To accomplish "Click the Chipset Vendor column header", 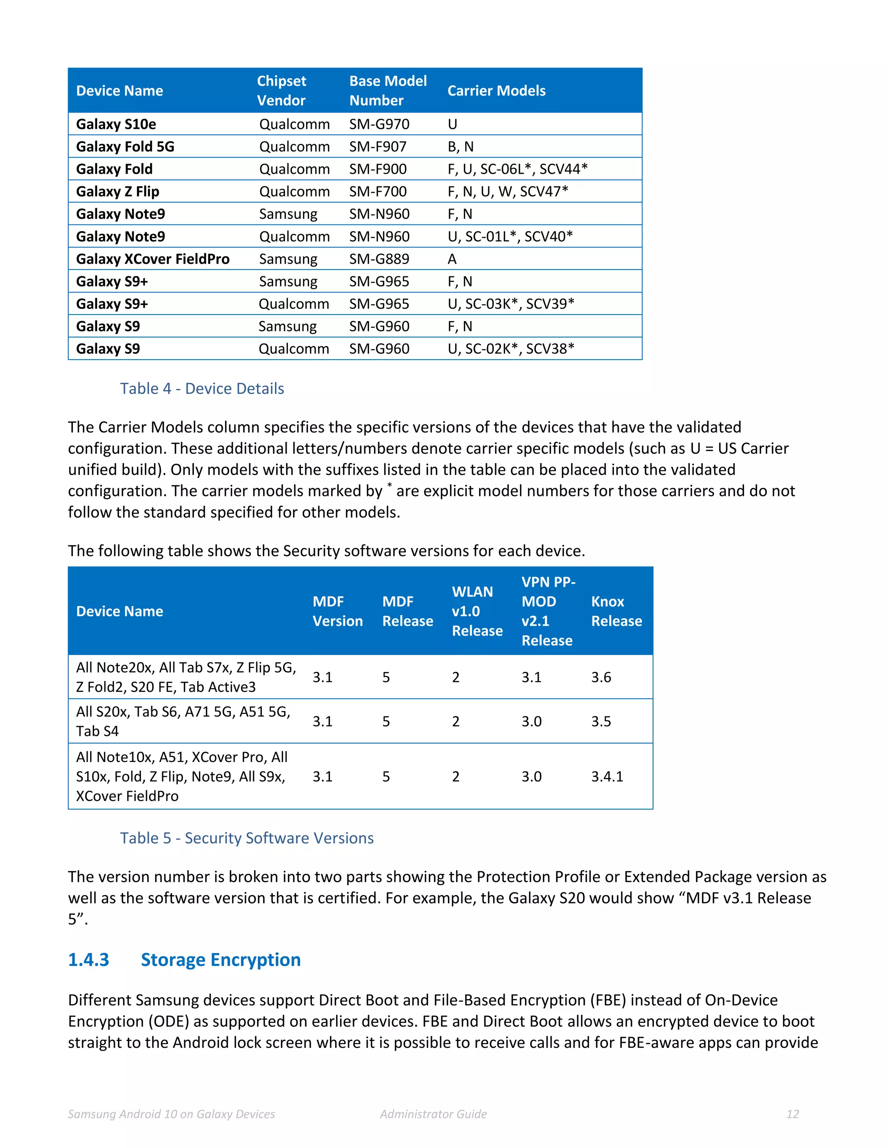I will pyautogui.click(x=281, y=91).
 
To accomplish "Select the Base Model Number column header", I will pyautogui.click(x=388, y=91).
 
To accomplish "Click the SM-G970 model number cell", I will pyautogui.click(x=379, y=124).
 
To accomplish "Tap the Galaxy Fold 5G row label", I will pyautogui.click(x=125, y=147).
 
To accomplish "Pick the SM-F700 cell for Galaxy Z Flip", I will pyautogui.click(x=378, y=191).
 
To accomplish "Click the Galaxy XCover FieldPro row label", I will pyautogui.click(x=153, y=259).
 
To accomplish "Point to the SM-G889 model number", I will pyautogui.click(x=379, y=259).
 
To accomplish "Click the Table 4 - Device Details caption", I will pyautogui.click(x=202, y=389).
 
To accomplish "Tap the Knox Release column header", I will pyautogui.click(x=616, y=611).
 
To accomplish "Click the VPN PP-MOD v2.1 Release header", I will pyautogui.click(x=548, y=611).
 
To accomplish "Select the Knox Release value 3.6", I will pyautogui.click(x=601, y=677).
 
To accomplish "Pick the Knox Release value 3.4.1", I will pyautogui.click(x=607, y=776).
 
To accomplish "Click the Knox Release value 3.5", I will pyautogui.click(x=601, y=721).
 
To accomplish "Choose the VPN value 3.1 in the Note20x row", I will pyautogui.click(x=531, y=677).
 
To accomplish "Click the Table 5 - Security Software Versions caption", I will pyautogui.click(x=247, y=838).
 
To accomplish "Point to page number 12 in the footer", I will pyautogui.click(x=792, y=1114).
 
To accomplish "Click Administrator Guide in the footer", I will pyautogui.click(x=434, y=1114).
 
